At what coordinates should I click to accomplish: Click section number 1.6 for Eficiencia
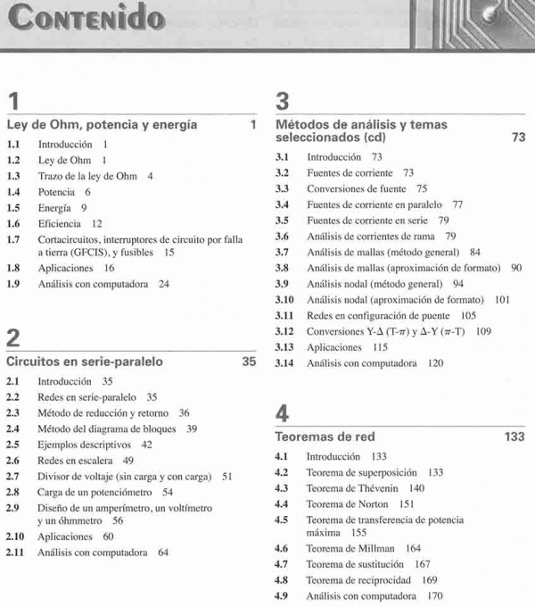(x=14, y=224)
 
